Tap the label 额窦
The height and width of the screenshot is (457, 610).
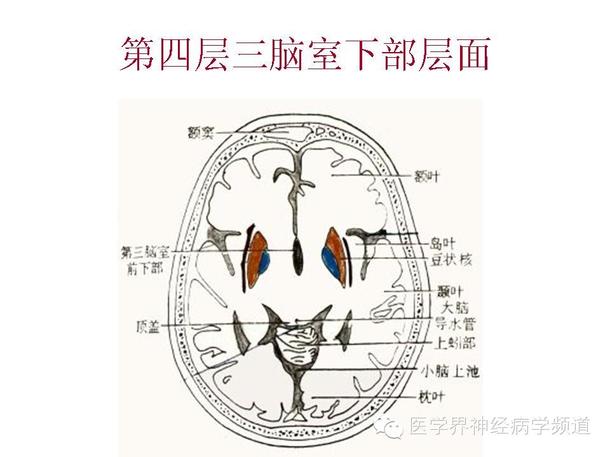tap(199, 133)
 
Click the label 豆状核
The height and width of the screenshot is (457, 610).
tap(451, 260)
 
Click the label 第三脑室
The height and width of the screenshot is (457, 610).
tap(144, 253)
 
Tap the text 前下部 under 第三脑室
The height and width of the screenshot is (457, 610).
tap(144, 268)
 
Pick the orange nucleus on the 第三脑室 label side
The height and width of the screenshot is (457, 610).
tap(256, 254)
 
